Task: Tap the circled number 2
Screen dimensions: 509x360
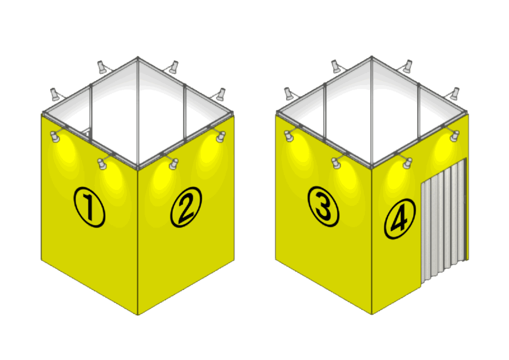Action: coord(186,207)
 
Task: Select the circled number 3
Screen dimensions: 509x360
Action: coord(323,206)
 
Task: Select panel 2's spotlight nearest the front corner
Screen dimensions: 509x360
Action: coord(173,164)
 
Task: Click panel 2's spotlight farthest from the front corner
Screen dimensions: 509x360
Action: coord(221,137)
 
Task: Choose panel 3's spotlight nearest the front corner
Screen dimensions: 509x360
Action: coord(337,163)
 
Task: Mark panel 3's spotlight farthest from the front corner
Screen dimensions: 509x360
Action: coord(289,136)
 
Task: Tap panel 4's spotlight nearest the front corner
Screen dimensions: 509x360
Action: coord(408,163)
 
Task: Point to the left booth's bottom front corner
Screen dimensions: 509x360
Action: coord(138,315)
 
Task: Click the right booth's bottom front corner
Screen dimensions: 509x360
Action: coord(372,314)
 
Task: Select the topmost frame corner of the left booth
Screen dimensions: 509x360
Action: coord(138,58)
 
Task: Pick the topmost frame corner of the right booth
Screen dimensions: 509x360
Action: coord(372,57)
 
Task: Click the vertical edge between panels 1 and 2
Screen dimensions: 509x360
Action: coord(138,241)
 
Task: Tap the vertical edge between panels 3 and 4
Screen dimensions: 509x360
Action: coord(372,241)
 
